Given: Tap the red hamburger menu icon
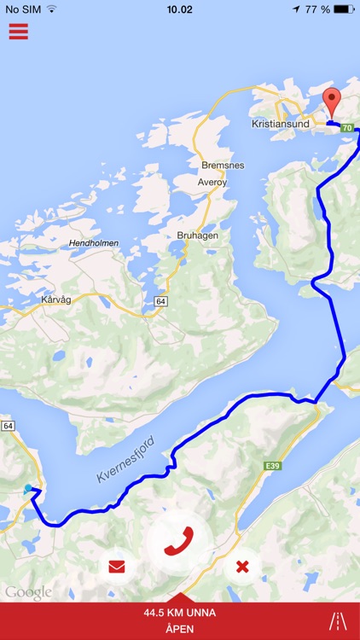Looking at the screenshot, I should click(18, 32).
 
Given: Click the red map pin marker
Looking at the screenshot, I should click(332, 104).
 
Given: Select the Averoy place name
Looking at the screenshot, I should click(212, 182).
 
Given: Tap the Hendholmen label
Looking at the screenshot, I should click(95, 243).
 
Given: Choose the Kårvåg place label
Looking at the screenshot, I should click(57, 300).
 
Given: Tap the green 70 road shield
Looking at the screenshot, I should click(346, 128).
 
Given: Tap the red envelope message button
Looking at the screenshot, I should click(117, 565).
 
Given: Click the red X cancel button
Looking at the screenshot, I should click(242, 565).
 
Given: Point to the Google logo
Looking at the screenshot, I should click(28, 592).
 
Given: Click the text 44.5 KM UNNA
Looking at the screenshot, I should click(179, 613).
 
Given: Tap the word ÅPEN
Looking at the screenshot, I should click(179, 628).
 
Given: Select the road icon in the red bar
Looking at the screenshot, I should click(338, 621).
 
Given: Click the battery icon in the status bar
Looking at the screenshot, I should click(343, 9).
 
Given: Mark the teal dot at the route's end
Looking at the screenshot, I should click(28, 488).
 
